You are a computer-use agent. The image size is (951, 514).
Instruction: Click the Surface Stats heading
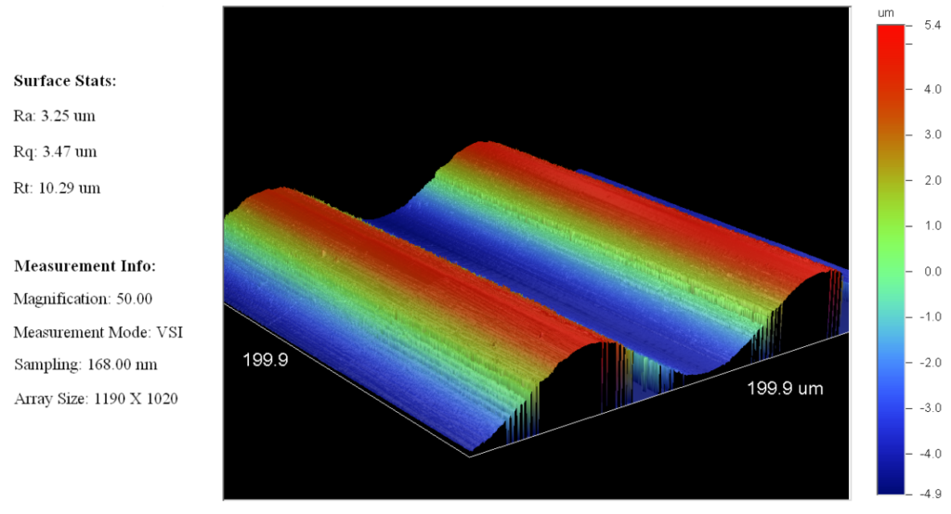coord(65,81)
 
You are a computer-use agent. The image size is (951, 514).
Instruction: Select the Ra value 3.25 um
coord(68,116)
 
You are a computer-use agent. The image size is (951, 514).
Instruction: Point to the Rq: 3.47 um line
coord(55,151)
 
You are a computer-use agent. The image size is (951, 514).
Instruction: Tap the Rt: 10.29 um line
coord(57,188)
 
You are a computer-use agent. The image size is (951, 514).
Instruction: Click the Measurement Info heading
coord(85,265)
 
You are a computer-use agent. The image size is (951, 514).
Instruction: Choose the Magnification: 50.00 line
coord(83,299)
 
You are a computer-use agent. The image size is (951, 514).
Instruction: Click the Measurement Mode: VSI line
coord(98,332)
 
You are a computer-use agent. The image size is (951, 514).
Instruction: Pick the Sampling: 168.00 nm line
coord(85,365)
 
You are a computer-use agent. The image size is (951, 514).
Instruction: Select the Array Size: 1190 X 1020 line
coord(96,399)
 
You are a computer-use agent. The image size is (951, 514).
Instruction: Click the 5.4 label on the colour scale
coord(932,25)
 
